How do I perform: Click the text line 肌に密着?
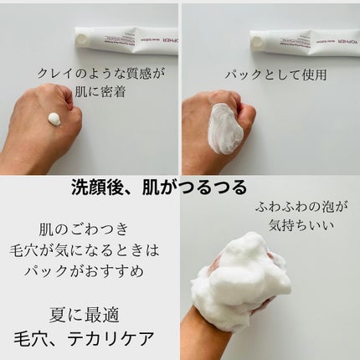[90, 89]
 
